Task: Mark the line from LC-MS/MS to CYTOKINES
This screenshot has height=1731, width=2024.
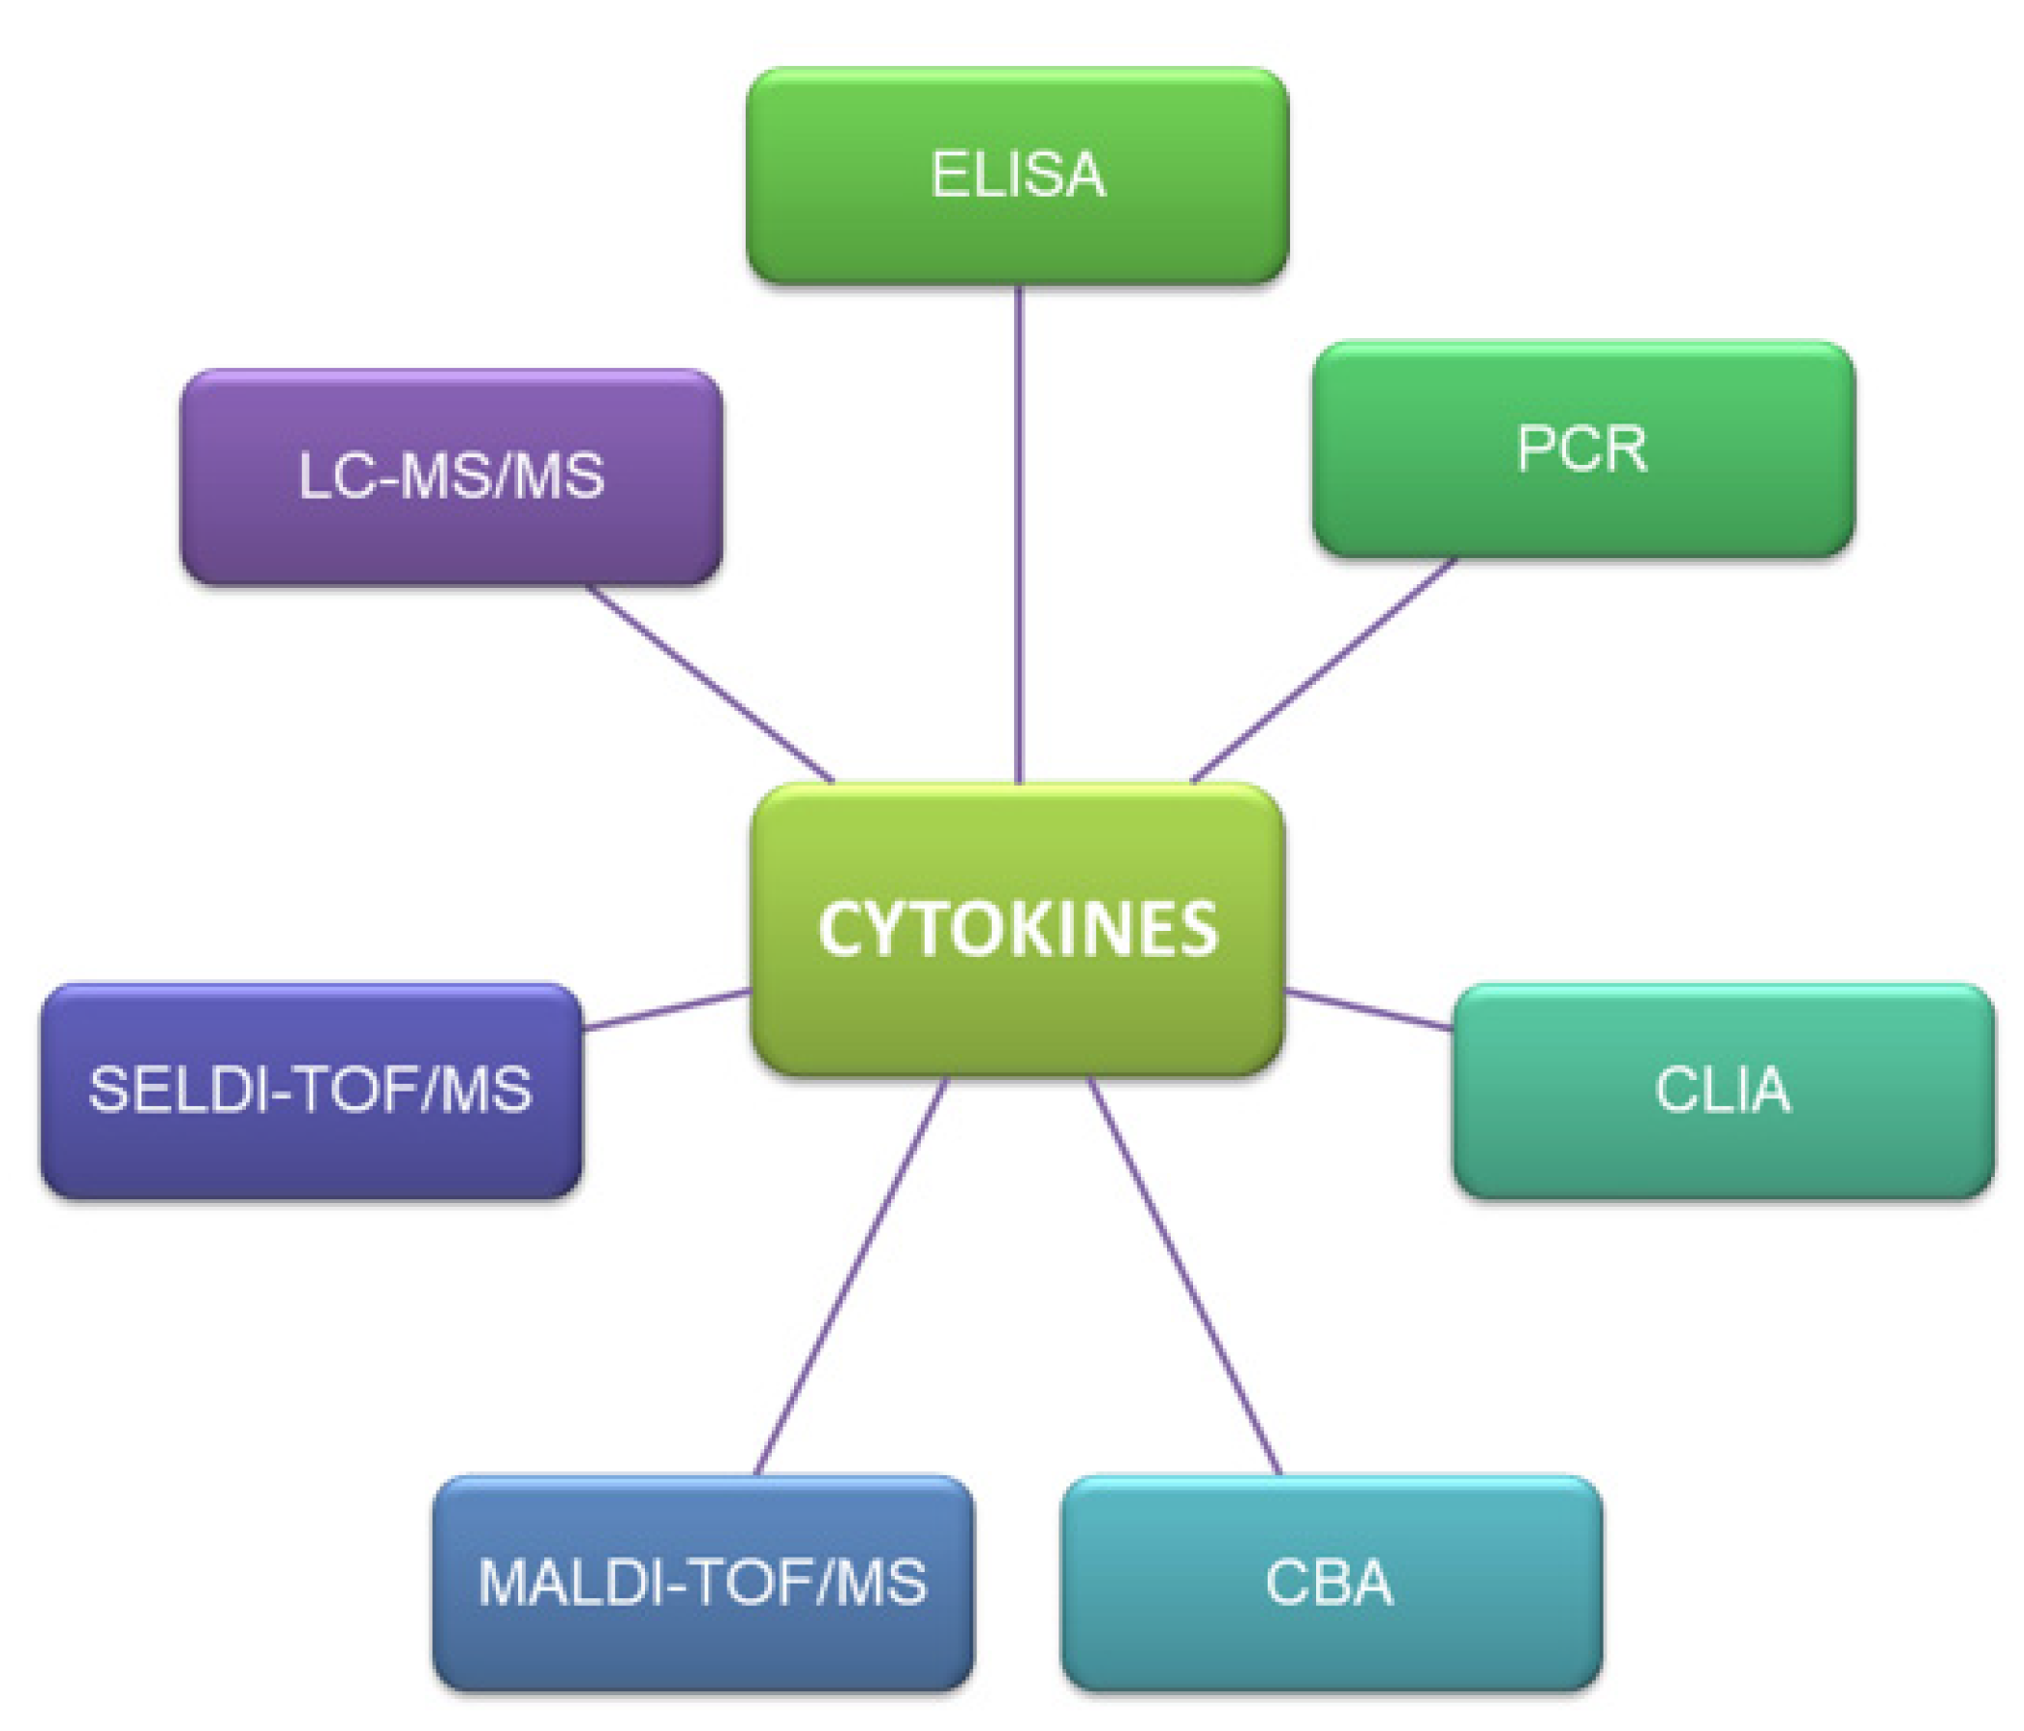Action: point(710,684)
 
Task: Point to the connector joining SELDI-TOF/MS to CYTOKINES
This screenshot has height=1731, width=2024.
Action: point(666,1009)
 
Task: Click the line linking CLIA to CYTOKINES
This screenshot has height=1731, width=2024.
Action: point(1368,1009)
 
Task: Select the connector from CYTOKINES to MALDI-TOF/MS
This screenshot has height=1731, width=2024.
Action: point(852,1275)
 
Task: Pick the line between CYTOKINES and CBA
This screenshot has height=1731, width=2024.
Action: point(1184,1275)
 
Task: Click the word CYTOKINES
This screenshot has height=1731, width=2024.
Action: point(1017,928)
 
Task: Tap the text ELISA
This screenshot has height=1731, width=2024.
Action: point(1017,176)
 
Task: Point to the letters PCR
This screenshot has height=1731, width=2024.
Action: point(1582,449)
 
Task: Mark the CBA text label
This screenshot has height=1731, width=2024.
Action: point(1331,1583)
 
